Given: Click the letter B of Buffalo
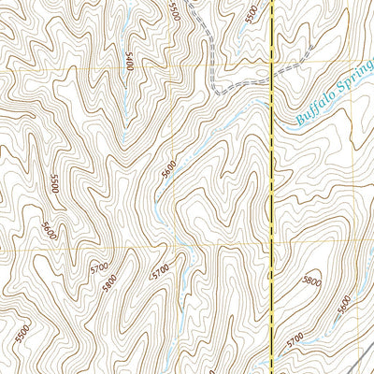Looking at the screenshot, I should pos(299,120).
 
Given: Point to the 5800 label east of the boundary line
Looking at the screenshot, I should pos(311,280).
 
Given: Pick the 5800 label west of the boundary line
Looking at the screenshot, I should pos(111,280).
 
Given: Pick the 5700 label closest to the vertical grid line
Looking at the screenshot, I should pos(161,271).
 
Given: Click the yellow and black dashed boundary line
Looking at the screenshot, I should pos(272,187).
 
